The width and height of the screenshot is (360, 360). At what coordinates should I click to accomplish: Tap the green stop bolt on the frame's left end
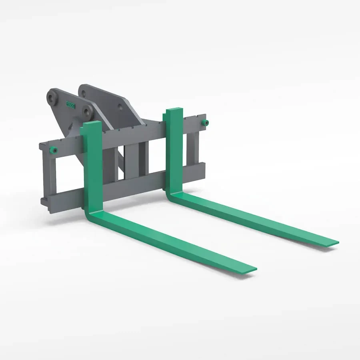tap(52, 150)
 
